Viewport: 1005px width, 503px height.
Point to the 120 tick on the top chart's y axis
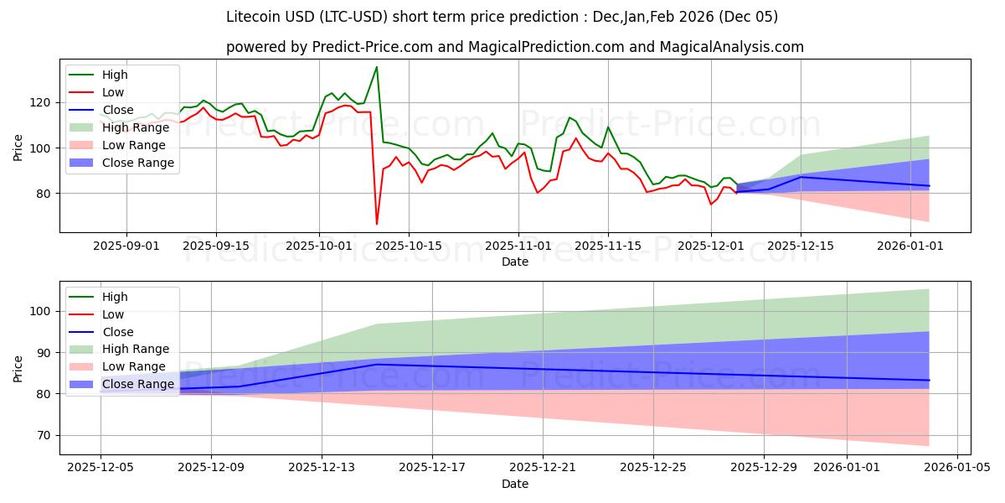tap(45, 102)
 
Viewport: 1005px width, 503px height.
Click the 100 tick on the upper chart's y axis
tap(45, 148)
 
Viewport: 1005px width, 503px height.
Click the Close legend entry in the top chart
tap(116, 110)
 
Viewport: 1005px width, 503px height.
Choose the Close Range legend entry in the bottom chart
tap(138, 384)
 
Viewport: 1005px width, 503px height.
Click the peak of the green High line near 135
tap(377, 67)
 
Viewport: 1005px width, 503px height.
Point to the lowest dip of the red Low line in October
tap(377, 224)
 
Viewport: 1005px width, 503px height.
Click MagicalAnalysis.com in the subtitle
tap(732, 47)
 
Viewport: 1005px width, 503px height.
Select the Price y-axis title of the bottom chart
tap(18, 368)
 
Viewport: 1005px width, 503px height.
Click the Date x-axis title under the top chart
tap(514, 262)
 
